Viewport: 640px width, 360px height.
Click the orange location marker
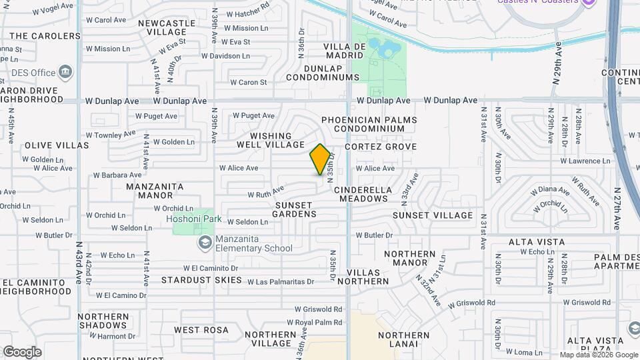(320, 159)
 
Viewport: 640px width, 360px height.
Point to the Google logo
(22, 352)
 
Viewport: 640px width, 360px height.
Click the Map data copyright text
(599, 355)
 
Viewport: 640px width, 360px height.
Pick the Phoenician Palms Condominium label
(369, 124)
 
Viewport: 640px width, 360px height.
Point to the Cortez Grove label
(380, 147)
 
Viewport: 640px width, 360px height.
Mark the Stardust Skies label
(201, 280)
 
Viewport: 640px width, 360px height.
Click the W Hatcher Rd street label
(247, 13)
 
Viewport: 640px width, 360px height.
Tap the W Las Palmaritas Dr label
(281, 282)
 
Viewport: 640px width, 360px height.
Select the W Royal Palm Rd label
(319, 322)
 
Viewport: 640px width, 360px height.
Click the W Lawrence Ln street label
(585, 161)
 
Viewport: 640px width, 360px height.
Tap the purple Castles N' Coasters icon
(587, 3)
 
